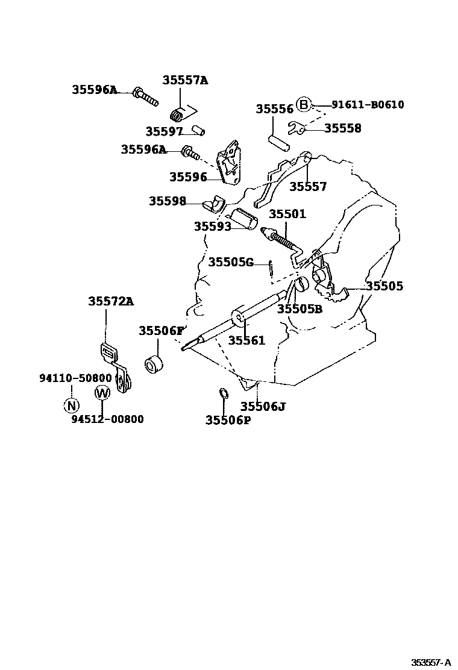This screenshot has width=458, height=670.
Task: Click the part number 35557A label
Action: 184,80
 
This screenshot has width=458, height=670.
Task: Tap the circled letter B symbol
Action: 304,105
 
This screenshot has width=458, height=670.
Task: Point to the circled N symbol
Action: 71,405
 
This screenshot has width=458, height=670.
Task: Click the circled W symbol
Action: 102,393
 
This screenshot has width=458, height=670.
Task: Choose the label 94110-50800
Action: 76,378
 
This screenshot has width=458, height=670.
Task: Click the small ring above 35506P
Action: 222,394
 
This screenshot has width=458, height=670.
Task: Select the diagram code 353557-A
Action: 431,662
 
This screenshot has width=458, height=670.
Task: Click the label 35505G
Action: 231,261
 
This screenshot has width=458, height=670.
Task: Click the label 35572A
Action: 111,301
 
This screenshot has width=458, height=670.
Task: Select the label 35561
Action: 246,340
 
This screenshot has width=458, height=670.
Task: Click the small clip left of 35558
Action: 296,128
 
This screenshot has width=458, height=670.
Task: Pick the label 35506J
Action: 263,406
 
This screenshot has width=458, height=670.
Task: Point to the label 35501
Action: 287,214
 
